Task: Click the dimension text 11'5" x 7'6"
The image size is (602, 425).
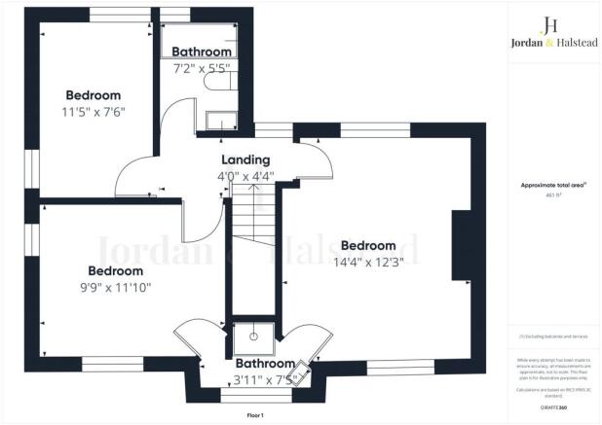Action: point(94,111)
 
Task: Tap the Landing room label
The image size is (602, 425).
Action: point(245,160)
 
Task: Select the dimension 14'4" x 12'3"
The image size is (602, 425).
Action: point(367,262)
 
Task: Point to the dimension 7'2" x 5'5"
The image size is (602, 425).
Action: point(202,68)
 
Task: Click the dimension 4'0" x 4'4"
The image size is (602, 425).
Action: point(245,176)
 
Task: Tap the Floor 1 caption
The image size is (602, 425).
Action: point(255,415)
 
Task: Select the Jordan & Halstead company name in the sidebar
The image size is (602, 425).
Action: point(550,43)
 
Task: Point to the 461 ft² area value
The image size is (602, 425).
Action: point(551,195)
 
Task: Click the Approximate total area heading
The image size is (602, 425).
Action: point(551,185)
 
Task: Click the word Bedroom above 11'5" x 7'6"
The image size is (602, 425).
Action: point(94,95)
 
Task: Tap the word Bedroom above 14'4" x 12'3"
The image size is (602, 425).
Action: point(367,245)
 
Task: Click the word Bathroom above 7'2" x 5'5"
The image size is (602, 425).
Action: point(202,52)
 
